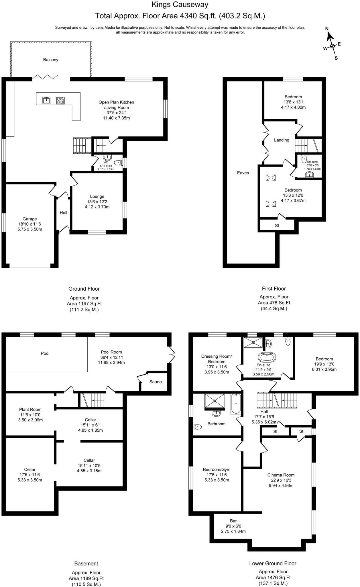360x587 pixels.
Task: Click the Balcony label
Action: point(51,60)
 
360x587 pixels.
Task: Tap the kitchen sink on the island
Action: point(46,100)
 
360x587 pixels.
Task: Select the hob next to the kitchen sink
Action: point(60,100)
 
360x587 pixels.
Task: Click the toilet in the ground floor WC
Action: point(118,163)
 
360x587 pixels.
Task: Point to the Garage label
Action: point(30,219)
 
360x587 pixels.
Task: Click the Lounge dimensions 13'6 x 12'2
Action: point(97,201)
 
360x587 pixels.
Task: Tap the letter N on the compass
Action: point(327,28)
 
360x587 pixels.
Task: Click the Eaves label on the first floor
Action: point(243,173)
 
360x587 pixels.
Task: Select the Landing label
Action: point(282,140)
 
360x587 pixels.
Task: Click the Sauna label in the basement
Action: point(156,382)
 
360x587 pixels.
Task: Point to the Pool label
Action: point(45,353)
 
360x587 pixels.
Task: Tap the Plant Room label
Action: point(30,409)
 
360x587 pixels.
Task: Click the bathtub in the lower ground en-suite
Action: point(267,358)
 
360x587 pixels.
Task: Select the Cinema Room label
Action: point(281,475)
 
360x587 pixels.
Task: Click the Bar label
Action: point(233,521)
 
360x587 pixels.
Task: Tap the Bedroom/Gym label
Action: point(217,469)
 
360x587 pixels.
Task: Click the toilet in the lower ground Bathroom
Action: point(198,427)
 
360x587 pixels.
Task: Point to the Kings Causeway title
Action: point(180,5)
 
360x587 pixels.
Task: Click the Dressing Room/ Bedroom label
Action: point(217,359)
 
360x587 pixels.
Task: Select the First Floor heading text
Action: point(274,289)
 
